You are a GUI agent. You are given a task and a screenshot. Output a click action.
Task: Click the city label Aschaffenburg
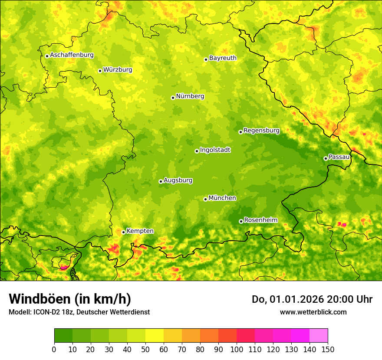pos(72,55)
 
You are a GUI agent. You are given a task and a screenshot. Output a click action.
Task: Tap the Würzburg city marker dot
pos(100,71)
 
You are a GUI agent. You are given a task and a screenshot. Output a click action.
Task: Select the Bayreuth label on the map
pos(223,58)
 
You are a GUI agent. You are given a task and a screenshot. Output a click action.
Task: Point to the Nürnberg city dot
pos(173,98)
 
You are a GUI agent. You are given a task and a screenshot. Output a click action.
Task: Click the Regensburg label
pos(261,131)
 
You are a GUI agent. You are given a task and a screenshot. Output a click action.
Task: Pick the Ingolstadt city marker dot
pos(197,151)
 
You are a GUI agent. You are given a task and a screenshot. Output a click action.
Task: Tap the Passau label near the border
pos(339,157)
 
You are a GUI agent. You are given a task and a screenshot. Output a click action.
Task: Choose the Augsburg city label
pos(178,180)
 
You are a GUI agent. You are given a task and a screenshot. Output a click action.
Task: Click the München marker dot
pos(205,199)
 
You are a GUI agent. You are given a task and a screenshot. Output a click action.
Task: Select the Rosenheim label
pos(260,220)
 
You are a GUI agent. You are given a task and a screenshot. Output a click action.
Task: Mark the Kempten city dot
pos(123,232)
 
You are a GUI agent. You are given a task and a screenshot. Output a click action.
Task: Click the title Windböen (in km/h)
pos(70,299)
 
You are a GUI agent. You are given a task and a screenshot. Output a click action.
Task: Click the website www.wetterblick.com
pos(313,312)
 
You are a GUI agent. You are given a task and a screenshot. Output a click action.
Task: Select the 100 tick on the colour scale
pos(237,350)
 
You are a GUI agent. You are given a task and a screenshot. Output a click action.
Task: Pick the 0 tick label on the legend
pos(54,350)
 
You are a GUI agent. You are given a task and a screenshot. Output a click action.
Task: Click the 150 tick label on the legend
pos(328,350)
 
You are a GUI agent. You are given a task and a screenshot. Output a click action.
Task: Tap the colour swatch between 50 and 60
pos(155,336)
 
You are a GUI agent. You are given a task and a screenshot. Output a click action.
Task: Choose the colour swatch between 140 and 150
pos(319,336)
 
